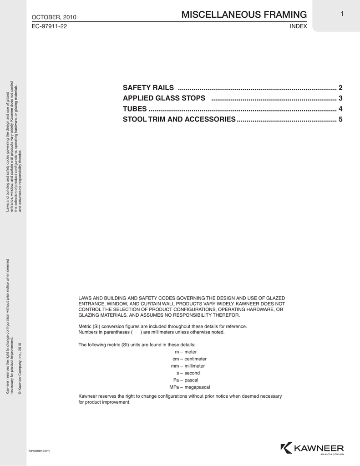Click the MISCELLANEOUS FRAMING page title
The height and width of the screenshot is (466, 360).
pos(244,15)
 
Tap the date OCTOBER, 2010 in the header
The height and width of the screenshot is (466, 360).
pos(54,17)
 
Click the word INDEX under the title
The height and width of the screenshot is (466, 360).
pos(299,27)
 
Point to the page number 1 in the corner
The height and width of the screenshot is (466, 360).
pos(341,14)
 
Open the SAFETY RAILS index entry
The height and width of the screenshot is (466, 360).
pos(148,87)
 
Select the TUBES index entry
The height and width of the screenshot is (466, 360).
pos(135,109)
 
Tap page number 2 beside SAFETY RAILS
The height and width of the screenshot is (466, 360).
pos(340,87)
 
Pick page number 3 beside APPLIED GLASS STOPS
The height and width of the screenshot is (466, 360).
pos(340,98)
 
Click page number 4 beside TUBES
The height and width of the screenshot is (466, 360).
pos(340,109)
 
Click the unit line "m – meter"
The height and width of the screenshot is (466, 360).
pos(186,352)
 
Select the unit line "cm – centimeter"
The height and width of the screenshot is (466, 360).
pos(187,359)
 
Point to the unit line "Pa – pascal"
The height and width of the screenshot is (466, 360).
pos(186,380)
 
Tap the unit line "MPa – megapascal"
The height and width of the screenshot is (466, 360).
pos(189,387)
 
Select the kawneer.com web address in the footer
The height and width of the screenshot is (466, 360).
pos(39,450)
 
